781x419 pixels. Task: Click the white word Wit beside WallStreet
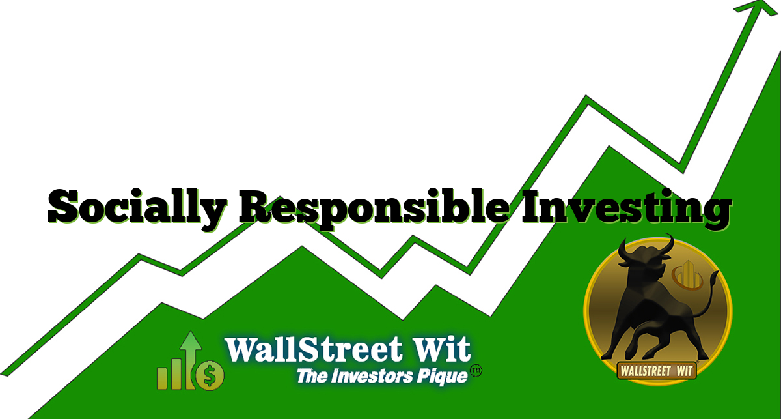click(x=443, y=349)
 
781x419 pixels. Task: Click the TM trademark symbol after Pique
click(x=476, y=370)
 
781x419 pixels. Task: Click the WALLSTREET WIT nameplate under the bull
click(x=658, y=369)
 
